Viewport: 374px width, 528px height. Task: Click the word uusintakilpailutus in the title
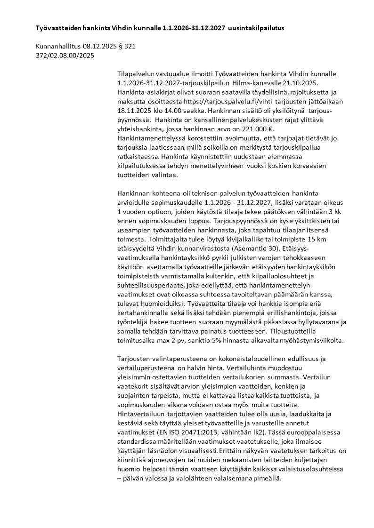pos(256,28)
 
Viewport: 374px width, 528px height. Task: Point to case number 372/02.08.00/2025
pos(65,56)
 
